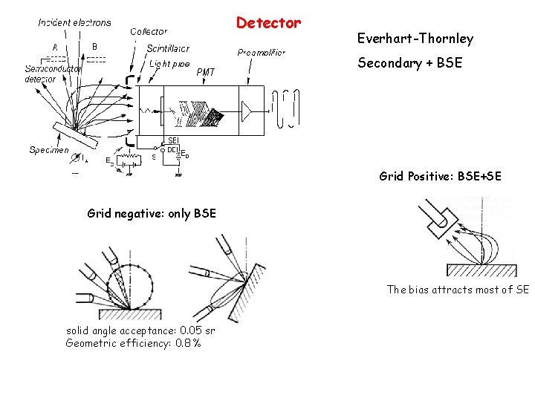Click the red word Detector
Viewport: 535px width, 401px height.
click(x=268, y=23)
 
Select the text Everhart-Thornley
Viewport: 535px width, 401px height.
click(x=415, y=39)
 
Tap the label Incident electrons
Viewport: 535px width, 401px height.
click(x=74, y=22)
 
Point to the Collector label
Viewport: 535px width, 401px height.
click(x=149, y=31)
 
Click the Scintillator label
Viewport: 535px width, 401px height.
click(x=168, y=48)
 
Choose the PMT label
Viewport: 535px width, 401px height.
click(x=206, y=72)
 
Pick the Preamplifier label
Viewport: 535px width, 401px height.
click(x=261, y=53)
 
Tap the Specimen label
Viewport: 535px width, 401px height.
click(x=48, y=150)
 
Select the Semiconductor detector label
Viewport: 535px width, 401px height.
click(x=47, y=74)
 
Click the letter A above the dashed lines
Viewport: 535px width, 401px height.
click(x=55, y=47)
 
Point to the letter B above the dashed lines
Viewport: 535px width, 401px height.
click(x=94, y=47)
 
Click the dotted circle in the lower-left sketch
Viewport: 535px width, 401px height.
click(x=131, y=285)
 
